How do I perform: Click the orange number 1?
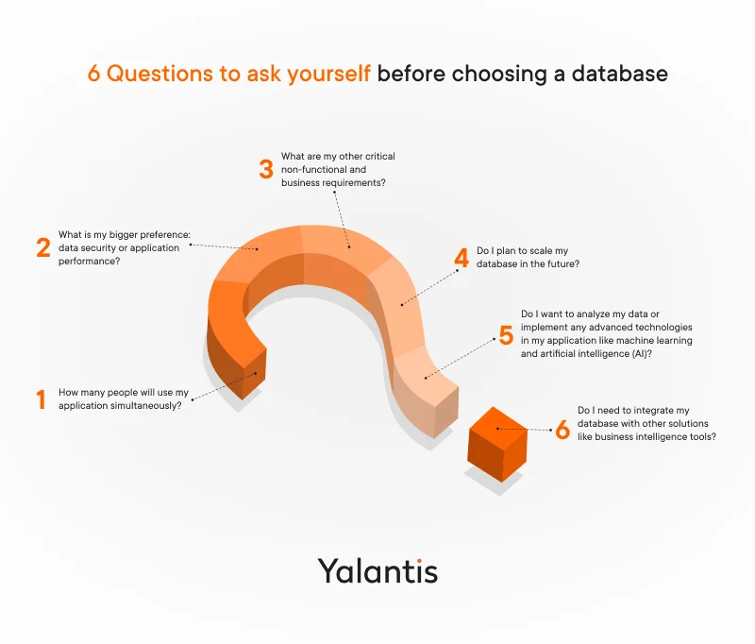coord(41,399)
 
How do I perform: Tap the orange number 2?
coord(42,247)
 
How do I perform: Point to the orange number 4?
coord(461,258)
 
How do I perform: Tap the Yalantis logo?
coord(377,570)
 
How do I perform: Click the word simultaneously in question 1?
coord(147,406)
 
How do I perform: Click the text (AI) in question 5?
coord(642,354)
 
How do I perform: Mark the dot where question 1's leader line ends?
coord(257,375)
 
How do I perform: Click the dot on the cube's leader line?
coord(499,429)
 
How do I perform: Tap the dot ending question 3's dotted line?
coord(349,247)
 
